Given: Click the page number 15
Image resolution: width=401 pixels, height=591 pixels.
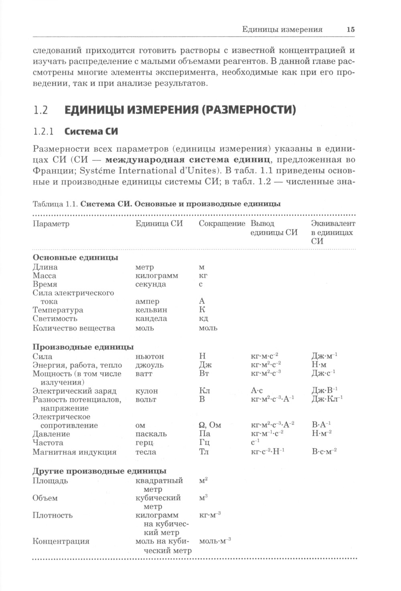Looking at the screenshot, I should [x=350, y=30].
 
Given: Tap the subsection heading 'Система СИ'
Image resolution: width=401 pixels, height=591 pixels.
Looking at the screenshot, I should [x=91, y=131].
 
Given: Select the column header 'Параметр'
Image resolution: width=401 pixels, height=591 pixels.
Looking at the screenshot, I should [x=51, y=224].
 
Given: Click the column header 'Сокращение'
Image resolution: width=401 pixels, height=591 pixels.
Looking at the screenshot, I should [x=222, y=224].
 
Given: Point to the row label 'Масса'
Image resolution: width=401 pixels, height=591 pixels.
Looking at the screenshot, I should [x=45, y=276].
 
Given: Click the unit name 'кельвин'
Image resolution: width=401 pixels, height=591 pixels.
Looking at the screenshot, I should [x=151, y=310].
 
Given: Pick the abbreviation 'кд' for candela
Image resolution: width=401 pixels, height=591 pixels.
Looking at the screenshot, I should [x=203, y=319].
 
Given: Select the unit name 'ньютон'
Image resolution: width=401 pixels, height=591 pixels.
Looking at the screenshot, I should [x=150, y=356].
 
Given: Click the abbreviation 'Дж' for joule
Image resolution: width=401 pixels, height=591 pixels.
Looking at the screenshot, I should [x=205, y=365].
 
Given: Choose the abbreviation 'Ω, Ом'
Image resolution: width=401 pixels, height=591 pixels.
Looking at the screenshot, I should [x=210, y=425].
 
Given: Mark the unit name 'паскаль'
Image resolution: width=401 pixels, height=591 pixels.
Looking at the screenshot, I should [x=151, y=434].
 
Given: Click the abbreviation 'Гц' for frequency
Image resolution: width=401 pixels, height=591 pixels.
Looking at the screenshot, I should [x=204, y=443].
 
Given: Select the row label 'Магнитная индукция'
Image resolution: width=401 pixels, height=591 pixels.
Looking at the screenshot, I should [x=75, y=452].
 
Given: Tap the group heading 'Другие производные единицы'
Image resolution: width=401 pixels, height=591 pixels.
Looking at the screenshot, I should [x=99, y=471].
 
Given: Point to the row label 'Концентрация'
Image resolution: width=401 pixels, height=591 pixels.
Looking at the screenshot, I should [x=61, y=541].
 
